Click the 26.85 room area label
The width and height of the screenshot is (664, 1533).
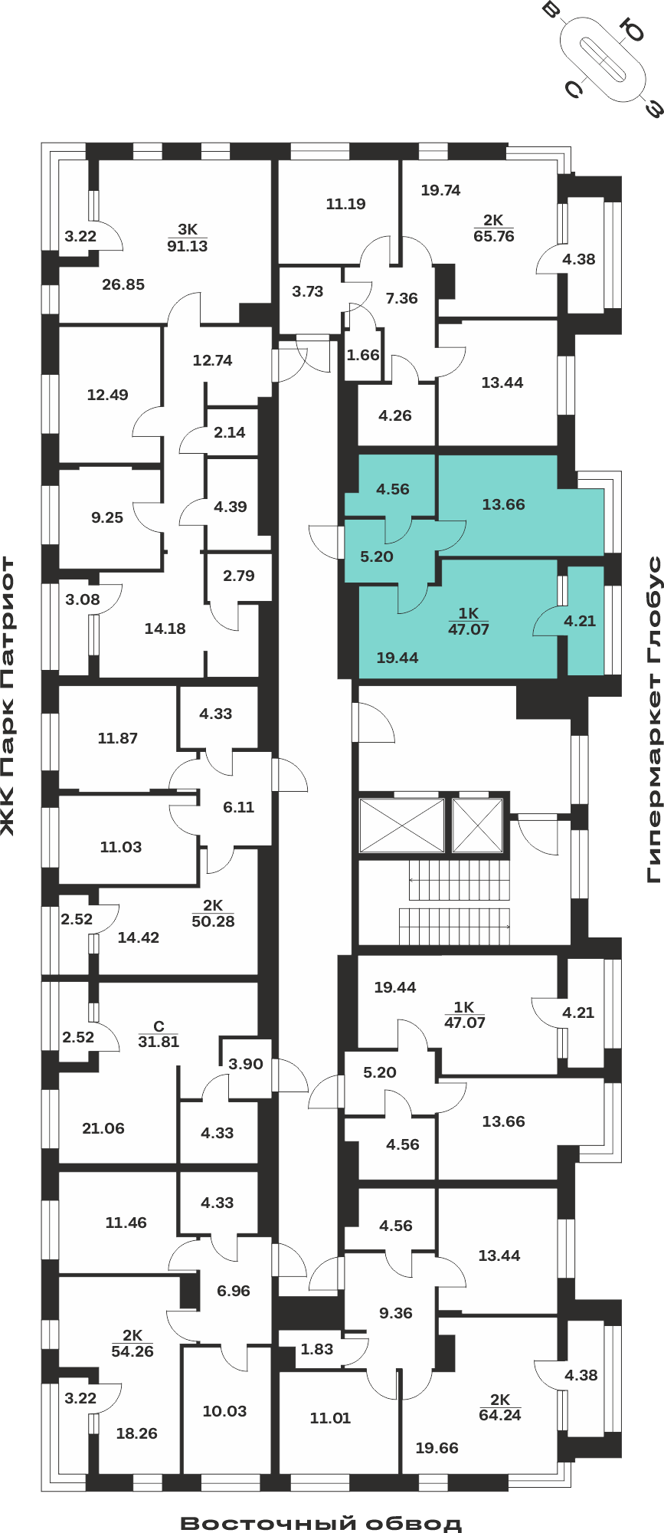(x=123, y=284)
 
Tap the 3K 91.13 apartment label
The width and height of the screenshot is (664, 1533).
(x=188, y=238)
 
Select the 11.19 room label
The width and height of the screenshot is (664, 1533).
(x=345, y=204)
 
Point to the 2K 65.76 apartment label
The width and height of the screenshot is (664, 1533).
(x=494, y=228)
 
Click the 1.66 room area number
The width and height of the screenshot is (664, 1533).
(x=363, y=355)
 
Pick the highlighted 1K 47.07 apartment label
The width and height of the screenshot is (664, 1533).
(x=468, y=622)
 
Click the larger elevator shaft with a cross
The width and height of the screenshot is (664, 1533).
(x=402, y=826)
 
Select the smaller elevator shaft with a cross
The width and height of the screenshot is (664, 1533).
(x=477, y=826)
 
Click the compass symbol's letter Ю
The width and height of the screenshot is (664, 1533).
(x=634, y=31)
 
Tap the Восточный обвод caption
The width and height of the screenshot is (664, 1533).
(x=322, y=1523)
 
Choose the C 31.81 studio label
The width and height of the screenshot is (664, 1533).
(x=159, y=1034)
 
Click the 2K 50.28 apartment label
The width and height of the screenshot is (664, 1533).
(x=213, y=914)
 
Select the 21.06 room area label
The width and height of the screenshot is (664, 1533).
(x=103, y=1128)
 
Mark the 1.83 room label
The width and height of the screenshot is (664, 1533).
(x=317, y=1349)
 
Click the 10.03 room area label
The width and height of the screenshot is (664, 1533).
(x=224, y=1411)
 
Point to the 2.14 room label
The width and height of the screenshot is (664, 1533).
(x=230, y=432)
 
